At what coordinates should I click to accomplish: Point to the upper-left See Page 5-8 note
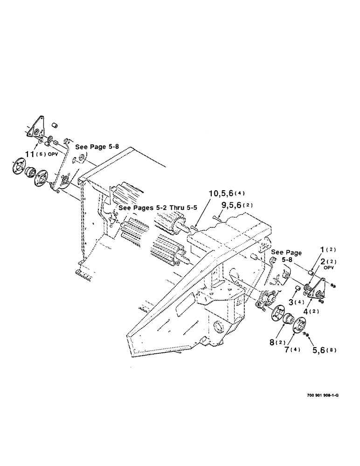point(97,146)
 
